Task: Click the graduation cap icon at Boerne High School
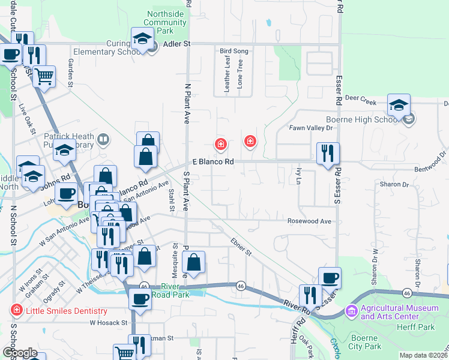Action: pos(399,106)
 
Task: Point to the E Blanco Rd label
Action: pos(213,162)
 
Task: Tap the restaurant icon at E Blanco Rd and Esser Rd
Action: pos(328,153)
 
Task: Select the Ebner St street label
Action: pos(241,247)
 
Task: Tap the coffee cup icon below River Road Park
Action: pos(140,299)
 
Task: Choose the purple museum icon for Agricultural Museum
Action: pos(352,311)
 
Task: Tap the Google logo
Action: pos(19,353)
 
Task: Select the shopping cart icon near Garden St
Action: pos(43,77)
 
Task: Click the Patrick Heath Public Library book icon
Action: pos(103,140)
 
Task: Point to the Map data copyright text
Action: pos(424,355)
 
